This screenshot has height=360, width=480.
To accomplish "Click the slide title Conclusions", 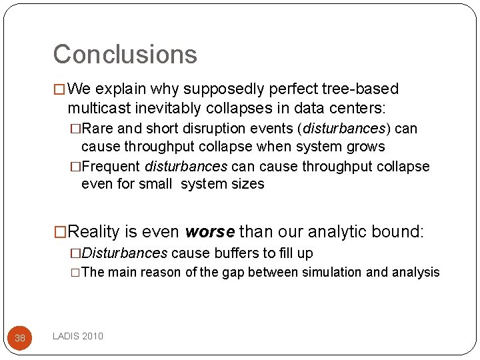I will pos(125,54).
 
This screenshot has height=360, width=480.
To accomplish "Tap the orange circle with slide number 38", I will pos(20,338).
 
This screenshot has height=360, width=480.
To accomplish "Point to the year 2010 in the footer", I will pos(93,336).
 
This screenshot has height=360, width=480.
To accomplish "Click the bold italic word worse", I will pos(210,232).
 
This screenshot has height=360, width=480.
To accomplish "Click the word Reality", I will pos(95,232).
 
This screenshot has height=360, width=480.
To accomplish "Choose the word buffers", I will pos(227,253).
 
